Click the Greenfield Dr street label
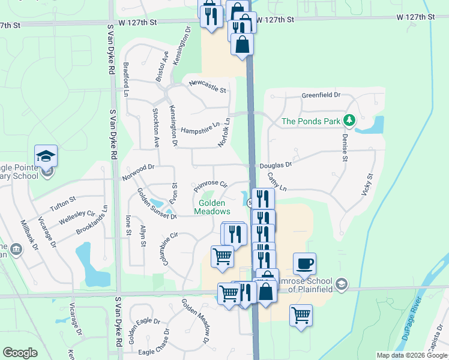[321, 95]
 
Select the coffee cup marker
[304, 263]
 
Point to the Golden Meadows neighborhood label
[212, 207]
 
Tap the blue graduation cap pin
[46, 157]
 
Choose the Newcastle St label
[206, 87]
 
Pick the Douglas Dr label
[276, 164]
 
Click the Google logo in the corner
[20, 353]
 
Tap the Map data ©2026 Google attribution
[412, 355]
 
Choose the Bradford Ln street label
[126, 79]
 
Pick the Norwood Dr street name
[138, 172]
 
